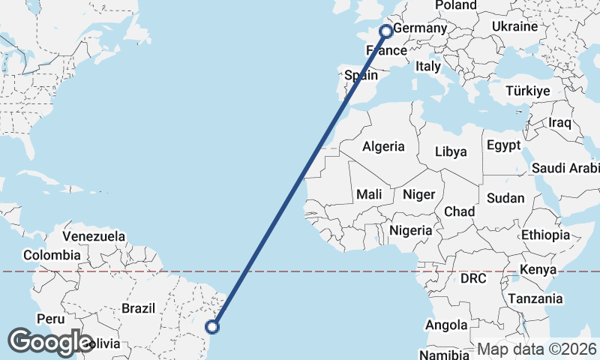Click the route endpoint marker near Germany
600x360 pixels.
pyautogui.click(x=386, y=31)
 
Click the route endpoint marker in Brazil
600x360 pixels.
pyautogui.click(x=213, y=326)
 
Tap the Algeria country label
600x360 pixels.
pyautogui.click(x=383, y=146)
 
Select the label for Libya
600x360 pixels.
pyautogui.click(x=451, y=151)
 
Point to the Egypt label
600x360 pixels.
pyautogui.click(x=503, y=145)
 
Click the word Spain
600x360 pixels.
pyautogui.click(x=361, y=75)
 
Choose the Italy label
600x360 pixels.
pyautogui.click(x=428, y=66)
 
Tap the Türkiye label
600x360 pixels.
pyautogui.click(x=528, y=91)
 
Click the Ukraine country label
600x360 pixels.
pyautogui.click(x=515, y=26)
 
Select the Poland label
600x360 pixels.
pyautogui.click(x=456, y=5)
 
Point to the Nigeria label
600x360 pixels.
pyautogui.click(x=411, y=230)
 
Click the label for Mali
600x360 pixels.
pyautogui.click(x=369, y=194)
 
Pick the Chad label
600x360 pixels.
pyautogui.click(x=459, y=211)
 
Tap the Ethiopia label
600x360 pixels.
pyautogui.click(x=546, y=235)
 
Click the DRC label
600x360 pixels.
pyautogui.click(x=473, y=278)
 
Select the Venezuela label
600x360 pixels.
pyautogui.click(x=94, y=236)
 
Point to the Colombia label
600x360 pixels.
pyautogui.click(x=51, y=256)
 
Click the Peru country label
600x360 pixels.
pyautogui.click(x=50, y=319)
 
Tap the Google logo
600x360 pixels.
pyautogui.click(x=50, y=342)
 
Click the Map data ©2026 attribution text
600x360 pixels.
pyautogui.click(x=537, y=349)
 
